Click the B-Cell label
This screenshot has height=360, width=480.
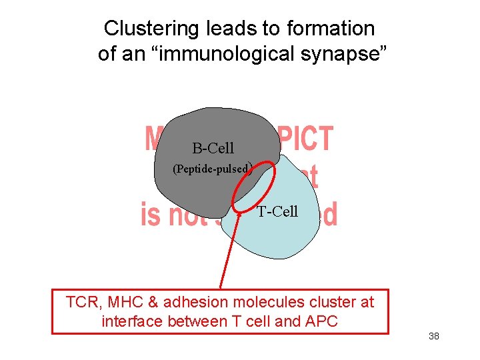[x=213, y=148]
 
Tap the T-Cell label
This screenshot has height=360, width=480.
[x=277, y=212]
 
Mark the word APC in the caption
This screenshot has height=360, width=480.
[x=321, y=322]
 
